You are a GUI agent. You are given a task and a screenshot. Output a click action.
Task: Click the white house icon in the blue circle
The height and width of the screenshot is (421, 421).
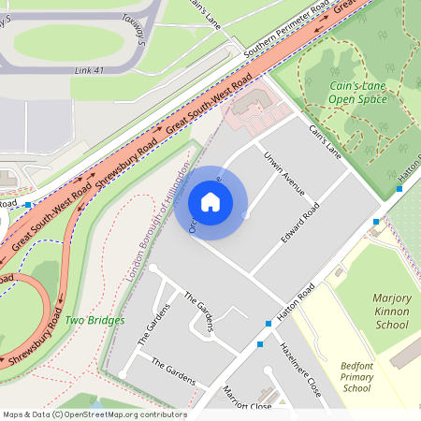[210, 202]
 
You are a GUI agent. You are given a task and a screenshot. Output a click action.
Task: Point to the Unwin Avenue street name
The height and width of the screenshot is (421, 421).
[284, 172]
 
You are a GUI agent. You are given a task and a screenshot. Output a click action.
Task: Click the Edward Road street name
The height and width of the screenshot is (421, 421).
[299, 224]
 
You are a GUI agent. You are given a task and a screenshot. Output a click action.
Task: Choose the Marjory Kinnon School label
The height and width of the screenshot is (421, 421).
[378, 311]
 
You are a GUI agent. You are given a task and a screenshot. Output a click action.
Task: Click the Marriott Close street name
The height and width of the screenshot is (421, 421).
[247, 401]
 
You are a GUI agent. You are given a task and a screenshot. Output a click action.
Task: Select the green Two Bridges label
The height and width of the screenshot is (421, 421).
[94, 321]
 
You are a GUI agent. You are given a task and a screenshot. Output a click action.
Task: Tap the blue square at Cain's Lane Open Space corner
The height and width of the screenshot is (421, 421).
[399, 189]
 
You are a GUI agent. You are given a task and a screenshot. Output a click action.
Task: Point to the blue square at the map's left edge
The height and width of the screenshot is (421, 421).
[30, 203]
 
